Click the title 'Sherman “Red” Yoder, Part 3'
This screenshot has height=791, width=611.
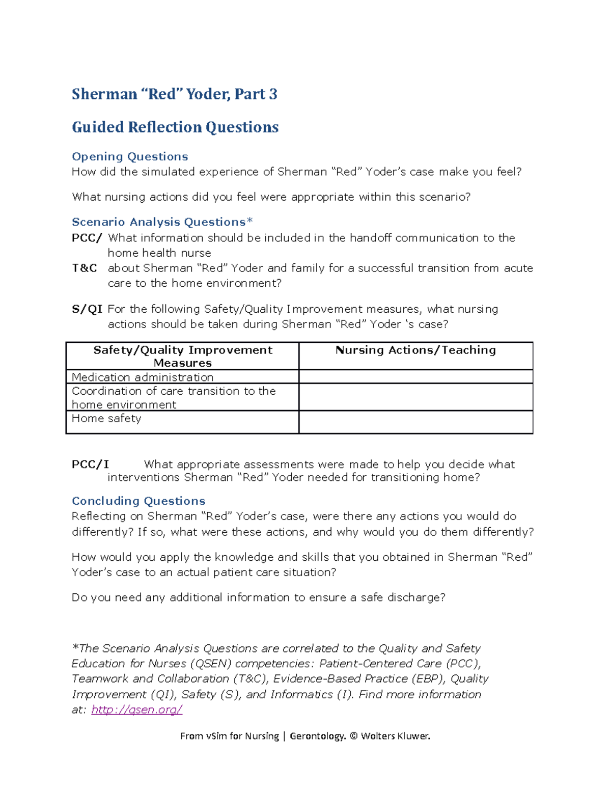point(174,94)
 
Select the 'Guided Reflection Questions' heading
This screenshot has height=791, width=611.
point(175,127)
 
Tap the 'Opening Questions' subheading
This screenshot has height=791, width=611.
point(130,156)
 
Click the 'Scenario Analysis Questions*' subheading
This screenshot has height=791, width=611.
point(162,222)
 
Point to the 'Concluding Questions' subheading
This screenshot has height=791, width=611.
point(138,501)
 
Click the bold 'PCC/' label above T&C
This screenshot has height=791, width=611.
point(87,238)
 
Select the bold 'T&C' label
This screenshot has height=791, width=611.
point(84,268)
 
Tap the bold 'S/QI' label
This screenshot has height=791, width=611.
point(87,309)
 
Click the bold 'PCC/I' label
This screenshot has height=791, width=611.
point(90,464)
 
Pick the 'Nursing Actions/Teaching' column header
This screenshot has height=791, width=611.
point(415,350)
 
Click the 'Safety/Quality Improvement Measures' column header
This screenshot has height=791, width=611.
point(182,356)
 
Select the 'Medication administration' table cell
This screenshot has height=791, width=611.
point(143,377)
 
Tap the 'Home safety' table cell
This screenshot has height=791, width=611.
point(106,418)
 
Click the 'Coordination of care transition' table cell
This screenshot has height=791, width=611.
point(174,397)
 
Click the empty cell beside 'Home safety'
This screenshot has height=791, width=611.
point(415,422)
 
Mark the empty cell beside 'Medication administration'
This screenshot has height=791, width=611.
point(415,377)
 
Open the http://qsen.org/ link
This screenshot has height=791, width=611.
point(136,710)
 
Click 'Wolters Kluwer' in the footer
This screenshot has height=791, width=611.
point(396,736)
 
